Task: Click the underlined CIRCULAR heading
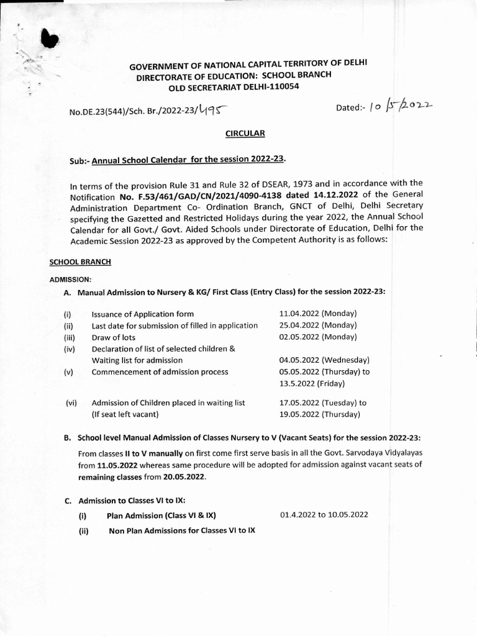click(x=244, y=133)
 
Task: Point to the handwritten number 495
click(x=211, y=111)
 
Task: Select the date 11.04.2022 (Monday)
click(x=318, y=314)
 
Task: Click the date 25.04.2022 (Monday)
click(x=318, y=325)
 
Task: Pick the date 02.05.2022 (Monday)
click(x=318, y=337)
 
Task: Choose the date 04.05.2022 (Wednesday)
click(x=325, y=360)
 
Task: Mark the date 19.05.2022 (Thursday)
click(x=319, y=414)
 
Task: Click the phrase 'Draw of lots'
click(x=114, y=337)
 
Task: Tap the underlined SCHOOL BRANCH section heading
click(x=80, y=262)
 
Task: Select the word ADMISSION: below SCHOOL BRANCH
click(x=70, y=279)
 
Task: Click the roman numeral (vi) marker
click(x=71, y=402)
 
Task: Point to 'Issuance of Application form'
click(x=142, y=314)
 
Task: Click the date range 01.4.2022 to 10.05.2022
click(x=324, y=515)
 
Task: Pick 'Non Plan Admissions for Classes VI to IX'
click(x=181, y=530)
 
